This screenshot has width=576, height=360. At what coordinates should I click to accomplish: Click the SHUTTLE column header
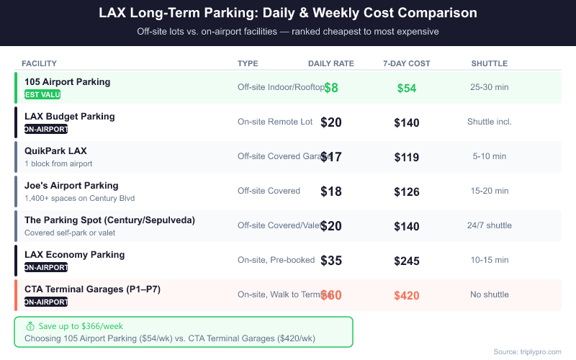[x=490, y=63]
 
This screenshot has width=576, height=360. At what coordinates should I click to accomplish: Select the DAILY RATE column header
[x=331, y=63]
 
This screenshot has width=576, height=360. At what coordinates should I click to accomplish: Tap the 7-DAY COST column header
[x=407, y=63]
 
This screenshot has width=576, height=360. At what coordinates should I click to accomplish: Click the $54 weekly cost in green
[x=407, y=88]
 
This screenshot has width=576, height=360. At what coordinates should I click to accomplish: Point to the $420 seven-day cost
[x=407, y=295]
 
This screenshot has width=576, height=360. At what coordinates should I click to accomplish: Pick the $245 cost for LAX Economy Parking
[x=407, y=261]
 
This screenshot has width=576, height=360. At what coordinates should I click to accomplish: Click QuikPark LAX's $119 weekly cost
[x=407, y=157]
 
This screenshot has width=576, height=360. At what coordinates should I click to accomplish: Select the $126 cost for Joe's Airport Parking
[x=407, y=192]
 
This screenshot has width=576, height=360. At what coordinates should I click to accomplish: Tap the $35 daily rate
[x=331, y=261]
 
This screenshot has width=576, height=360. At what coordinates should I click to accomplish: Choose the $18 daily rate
[x=331, y=192]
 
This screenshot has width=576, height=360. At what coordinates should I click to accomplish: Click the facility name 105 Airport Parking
[x=68, y=82]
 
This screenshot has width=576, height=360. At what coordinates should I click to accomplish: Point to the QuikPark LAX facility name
[x=55, y=151]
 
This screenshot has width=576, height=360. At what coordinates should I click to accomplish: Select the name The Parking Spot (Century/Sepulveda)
[x=109, y=220]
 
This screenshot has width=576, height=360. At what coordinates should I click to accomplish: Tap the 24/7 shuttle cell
[x=490, y=225]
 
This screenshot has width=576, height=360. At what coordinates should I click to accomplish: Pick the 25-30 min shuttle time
[x=490, y=87]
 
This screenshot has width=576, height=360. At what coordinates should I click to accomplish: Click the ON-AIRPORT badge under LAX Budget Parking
[x=46, y=130]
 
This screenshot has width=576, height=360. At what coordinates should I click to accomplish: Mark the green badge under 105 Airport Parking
[x=42, y=94]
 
